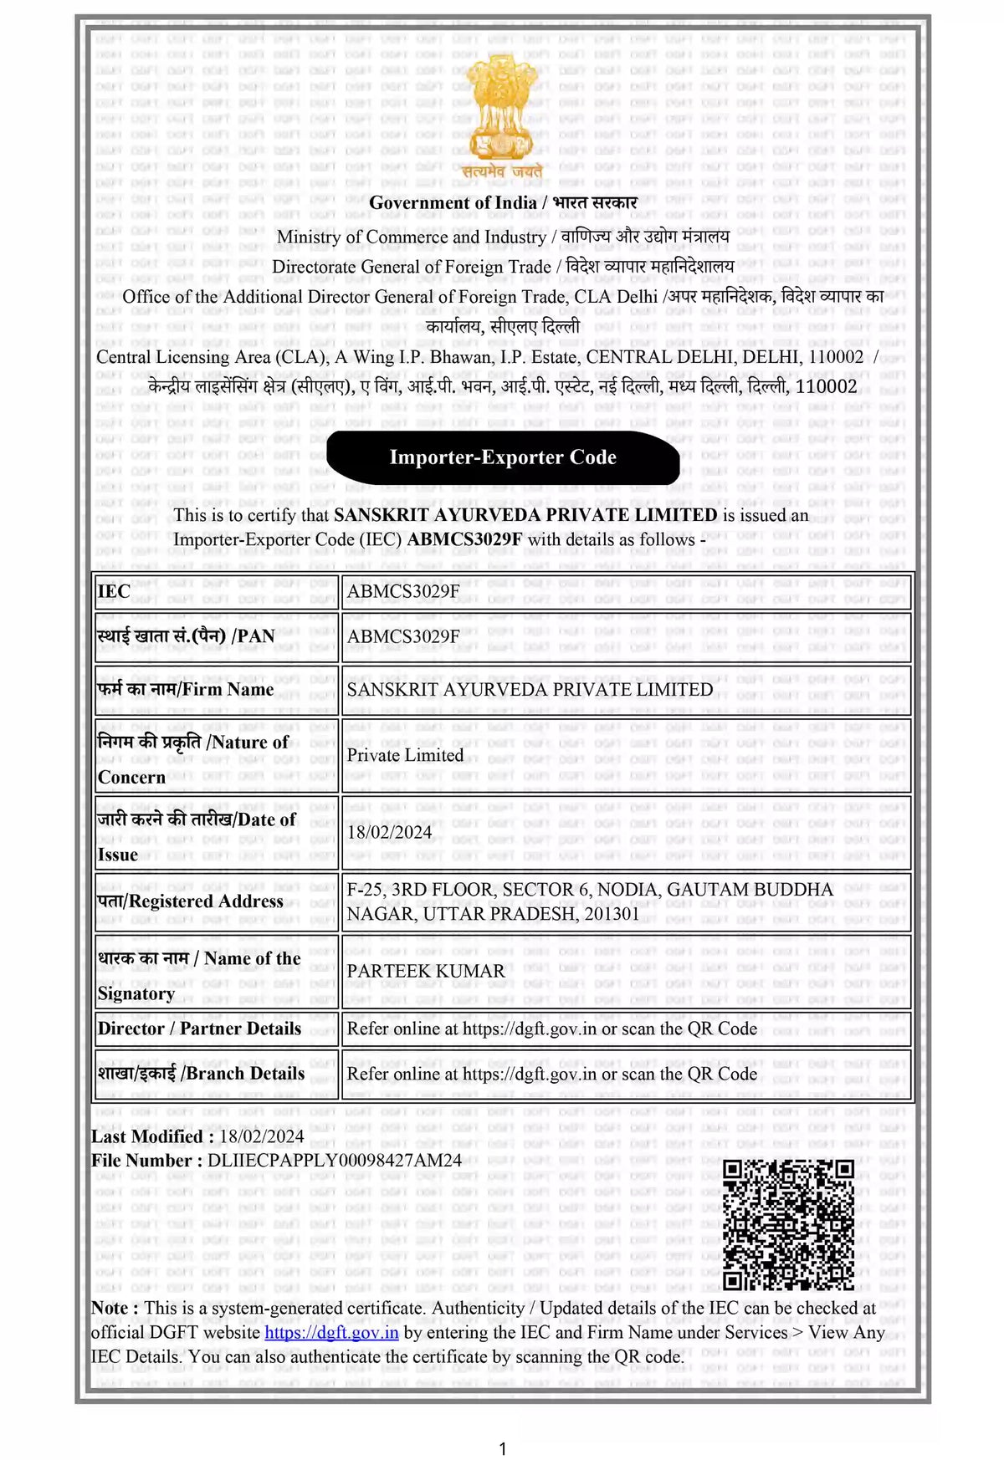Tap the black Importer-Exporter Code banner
tap(503, 457)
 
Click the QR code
tap(787, 1224)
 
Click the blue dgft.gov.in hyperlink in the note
tap(331, 1332)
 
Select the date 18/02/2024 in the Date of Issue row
tap(389, 832)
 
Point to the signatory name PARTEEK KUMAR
tap(426, 971)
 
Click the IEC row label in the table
tap(115, 592)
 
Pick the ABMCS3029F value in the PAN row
tap(403, 636)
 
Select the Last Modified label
tap(146, 1136)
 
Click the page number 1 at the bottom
tap(503, 1448)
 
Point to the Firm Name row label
tap(186, 689)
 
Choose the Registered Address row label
tap(191, 901)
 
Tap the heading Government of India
tap(453, 202)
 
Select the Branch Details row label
tap(201, 1074)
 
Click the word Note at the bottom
tap(110, 1308)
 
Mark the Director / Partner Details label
tap(199, 1029)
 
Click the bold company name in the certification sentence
tap(525, 515)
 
